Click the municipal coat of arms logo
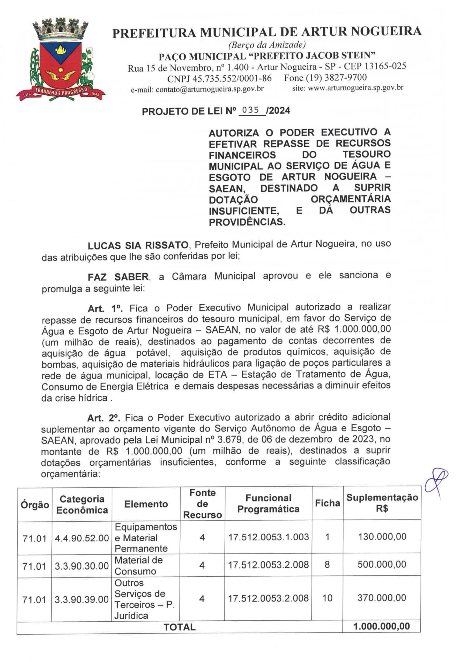pos(61,59)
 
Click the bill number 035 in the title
pos(250,110)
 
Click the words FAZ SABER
pos(118,277)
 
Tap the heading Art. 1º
pos(105,309)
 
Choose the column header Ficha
pos(327,503)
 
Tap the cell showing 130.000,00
pos(382,537)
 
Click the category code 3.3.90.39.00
pos(82,599)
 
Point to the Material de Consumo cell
pos(138,565)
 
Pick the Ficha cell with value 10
pos(327,598)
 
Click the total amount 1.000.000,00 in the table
pos(381,626)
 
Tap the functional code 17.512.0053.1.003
pos(268,537)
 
